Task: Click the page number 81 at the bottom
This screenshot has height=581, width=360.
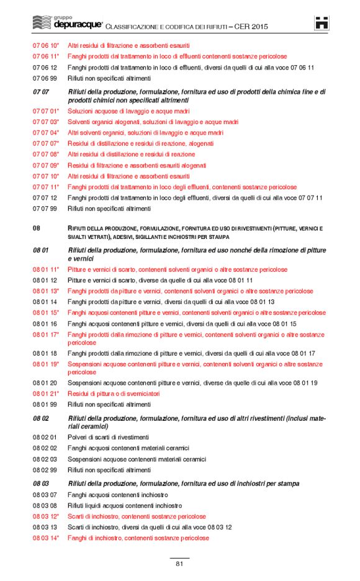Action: coord(179,564)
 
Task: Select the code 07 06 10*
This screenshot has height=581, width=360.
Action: coord(46,46)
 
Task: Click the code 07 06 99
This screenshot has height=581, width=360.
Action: coord(45,78)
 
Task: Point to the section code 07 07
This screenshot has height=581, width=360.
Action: coord(41,92)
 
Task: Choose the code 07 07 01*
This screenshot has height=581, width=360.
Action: coord(46,110)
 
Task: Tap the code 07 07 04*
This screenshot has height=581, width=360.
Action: coord(46,133)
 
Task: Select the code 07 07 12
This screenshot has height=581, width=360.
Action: coord(45,198)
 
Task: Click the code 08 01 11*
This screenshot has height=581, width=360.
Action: coord(46,269)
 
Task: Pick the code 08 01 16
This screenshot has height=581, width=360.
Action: coord(45,324)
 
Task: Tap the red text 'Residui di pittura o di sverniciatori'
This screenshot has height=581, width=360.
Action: coord(114,394)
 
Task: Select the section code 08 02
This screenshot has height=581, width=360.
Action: coord(41,418)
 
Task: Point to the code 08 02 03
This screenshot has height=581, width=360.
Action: coord(45,459)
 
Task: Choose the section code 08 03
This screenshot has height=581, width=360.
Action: coord(41,484)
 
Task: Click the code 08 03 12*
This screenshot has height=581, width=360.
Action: coord(46,516)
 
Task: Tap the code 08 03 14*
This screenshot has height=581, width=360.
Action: coord(46,538)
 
